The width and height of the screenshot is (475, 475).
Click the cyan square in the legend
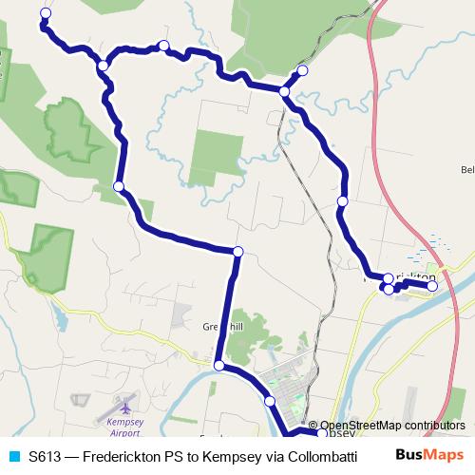[13, 456]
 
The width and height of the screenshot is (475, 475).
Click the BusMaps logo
[428, 455]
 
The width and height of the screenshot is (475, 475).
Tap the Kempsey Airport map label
[124, 427]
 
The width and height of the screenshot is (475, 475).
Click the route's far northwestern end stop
[45, 12]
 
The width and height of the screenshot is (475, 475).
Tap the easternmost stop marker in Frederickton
[432, 285]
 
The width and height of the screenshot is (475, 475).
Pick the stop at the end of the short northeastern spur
[303, 70]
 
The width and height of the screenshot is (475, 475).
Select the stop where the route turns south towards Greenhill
[237, 251]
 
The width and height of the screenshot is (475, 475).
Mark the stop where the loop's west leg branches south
[102, 65]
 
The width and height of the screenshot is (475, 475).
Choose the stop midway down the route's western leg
[119, 186]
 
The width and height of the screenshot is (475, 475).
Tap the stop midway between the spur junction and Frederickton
[342, 201]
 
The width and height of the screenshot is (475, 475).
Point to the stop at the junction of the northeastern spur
[284, 91]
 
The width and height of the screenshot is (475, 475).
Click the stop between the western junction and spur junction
[165, 46]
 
